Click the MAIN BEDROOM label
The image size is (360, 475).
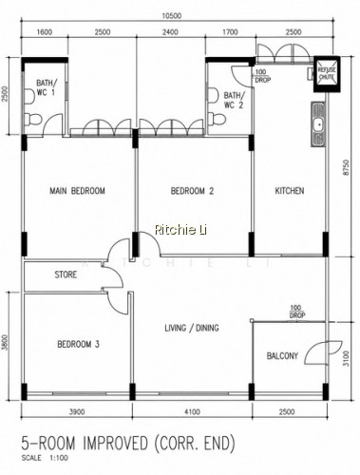click(77, 191)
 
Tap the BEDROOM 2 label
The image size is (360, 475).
click(192, 191)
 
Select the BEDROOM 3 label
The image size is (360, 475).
click(78, 344)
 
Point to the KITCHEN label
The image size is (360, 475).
click(290, 191)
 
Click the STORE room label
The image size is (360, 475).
click(66, 275)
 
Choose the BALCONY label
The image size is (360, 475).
click(282, 355)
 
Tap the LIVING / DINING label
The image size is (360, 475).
click(192, 328)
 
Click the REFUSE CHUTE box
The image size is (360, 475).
click(327, 74)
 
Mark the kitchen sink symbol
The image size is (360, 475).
click(318, 124)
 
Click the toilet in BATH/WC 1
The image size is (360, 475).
click(33, 119)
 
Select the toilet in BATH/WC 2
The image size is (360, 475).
click(217, 119)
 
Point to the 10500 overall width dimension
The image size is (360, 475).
click(171, 16)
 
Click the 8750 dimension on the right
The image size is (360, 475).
click(348, 168)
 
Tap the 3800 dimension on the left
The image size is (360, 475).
click(5, 343)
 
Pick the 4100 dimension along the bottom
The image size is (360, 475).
click(192, 411)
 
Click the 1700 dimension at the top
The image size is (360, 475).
click(230, 32)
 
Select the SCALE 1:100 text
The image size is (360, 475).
click(45, 458)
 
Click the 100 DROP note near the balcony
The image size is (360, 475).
click(297, 312)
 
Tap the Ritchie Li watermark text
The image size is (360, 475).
click(180, 230)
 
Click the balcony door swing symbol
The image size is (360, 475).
click(323, 352)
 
